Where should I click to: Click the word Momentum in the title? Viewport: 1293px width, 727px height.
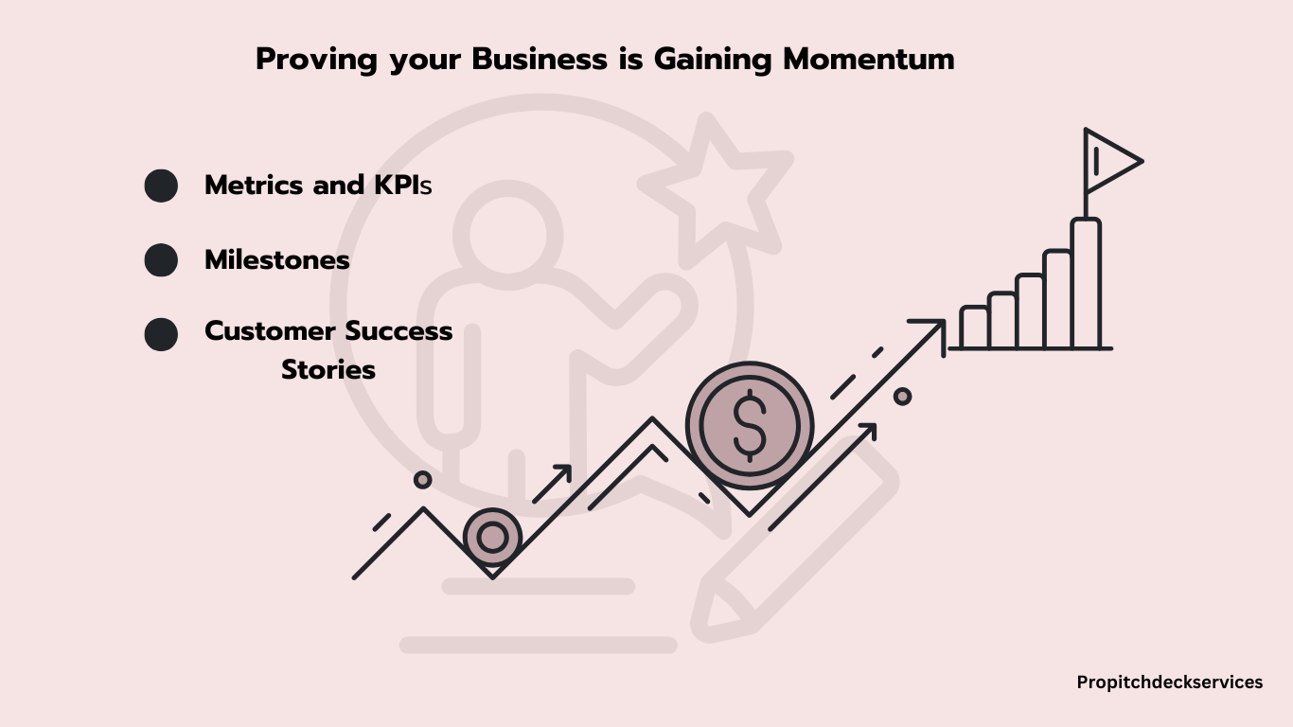coord(869,59)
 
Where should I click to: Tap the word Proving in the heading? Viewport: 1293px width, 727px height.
coord(316,60)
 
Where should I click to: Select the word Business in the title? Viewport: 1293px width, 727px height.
coord(540,59)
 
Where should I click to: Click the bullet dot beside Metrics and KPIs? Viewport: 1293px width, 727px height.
coord(161,186)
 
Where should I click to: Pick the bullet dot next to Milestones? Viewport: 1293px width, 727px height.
coord(161,260)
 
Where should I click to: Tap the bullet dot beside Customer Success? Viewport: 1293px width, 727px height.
coord(161,334)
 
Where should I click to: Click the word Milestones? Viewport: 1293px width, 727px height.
coord(277,260)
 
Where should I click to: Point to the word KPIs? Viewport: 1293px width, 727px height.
coord(403,186)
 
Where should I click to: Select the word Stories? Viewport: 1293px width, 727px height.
coord(328,369)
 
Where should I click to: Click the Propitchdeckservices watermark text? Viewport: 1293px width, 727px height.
coord(1169,683)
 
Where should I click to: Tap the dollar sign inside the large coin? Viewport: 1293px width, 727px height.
coord(750,426)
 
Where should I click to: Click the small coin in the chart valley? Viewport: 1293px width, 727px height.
coord(492,537)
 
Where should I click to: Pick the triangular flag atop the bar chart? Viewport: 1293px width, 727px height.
coord(1113,161)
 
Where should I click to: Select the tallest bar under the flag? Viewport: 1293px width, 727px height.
coord(1086,283)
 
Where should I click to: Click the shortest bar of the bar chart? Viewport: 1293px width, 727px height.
coord(974,328)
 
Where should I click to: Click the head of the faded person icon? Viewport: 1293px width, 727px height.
coord(508,235)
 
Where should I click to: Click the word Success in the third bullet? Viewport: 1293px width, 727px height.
coord(399,331)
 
